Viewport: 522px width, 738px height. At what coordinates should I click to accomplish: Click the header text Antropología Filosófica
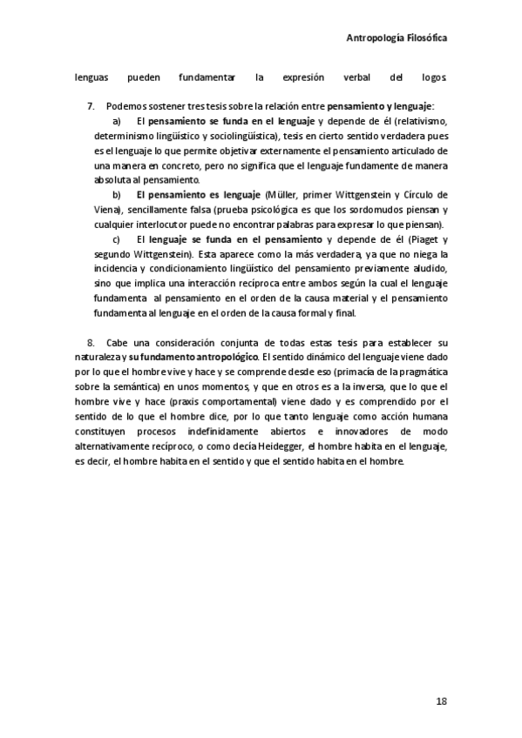pyautogui.click(x=397, y=39)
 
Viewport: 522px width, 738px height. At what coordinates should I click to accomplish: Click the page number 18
pyautogui.click(x=441, y=701)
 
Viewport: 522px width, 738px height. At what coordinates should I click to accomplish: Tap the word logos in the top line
pyautogui.click(x=432, y=77)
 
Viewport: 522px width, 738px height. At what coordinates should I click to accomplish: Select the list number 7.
pyautogui.click(x=91, y=105)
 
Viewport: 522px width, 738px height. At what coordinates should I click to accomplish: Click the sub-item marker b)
pyautogui.click(x=117, y=194)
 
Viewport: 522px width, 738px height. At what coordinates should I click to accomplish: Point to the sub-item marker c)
pyautogui.click(x=117, y=239)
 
